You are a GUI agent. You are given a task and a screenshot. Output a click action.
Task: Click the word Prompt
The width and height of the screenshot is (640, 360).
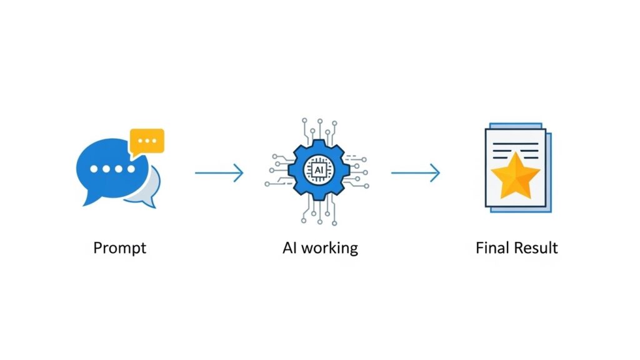coord(119,248)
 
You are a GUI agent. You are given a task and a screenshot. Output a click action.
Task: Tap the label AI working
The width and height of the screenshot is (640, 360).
coord(320,247)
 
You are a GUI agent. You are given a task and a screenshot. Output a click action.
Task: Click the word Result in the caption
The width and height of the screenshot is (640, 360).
coord(534,247)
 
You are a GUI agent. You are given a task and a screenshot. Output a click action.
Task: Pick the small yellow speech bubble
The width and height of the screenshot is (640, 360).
coord(147,141)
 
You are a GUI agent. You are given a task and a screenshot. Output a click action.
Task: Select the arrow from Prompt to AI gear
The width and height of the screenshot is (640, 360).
coord(219,172)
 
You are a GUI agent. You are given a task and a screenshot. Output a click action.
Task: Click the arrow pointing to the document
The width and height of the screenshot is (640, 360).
coord(416,172)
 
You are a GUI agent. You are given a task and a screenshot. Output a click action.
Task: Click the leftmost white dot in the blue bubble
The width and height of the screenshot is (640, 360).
coord(94,169)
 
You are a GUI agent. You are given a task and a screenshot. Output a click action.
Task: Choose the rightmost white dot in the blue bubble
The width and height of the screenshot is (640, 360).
coord(130,169)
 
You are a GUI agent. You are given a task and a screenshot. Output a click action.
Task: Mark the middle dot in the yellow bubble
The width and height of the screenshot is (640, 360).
coord(147,141)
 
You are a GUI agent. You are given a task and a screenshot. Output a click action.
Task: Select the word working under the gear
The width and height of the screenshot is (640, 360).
coord(329,248)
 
